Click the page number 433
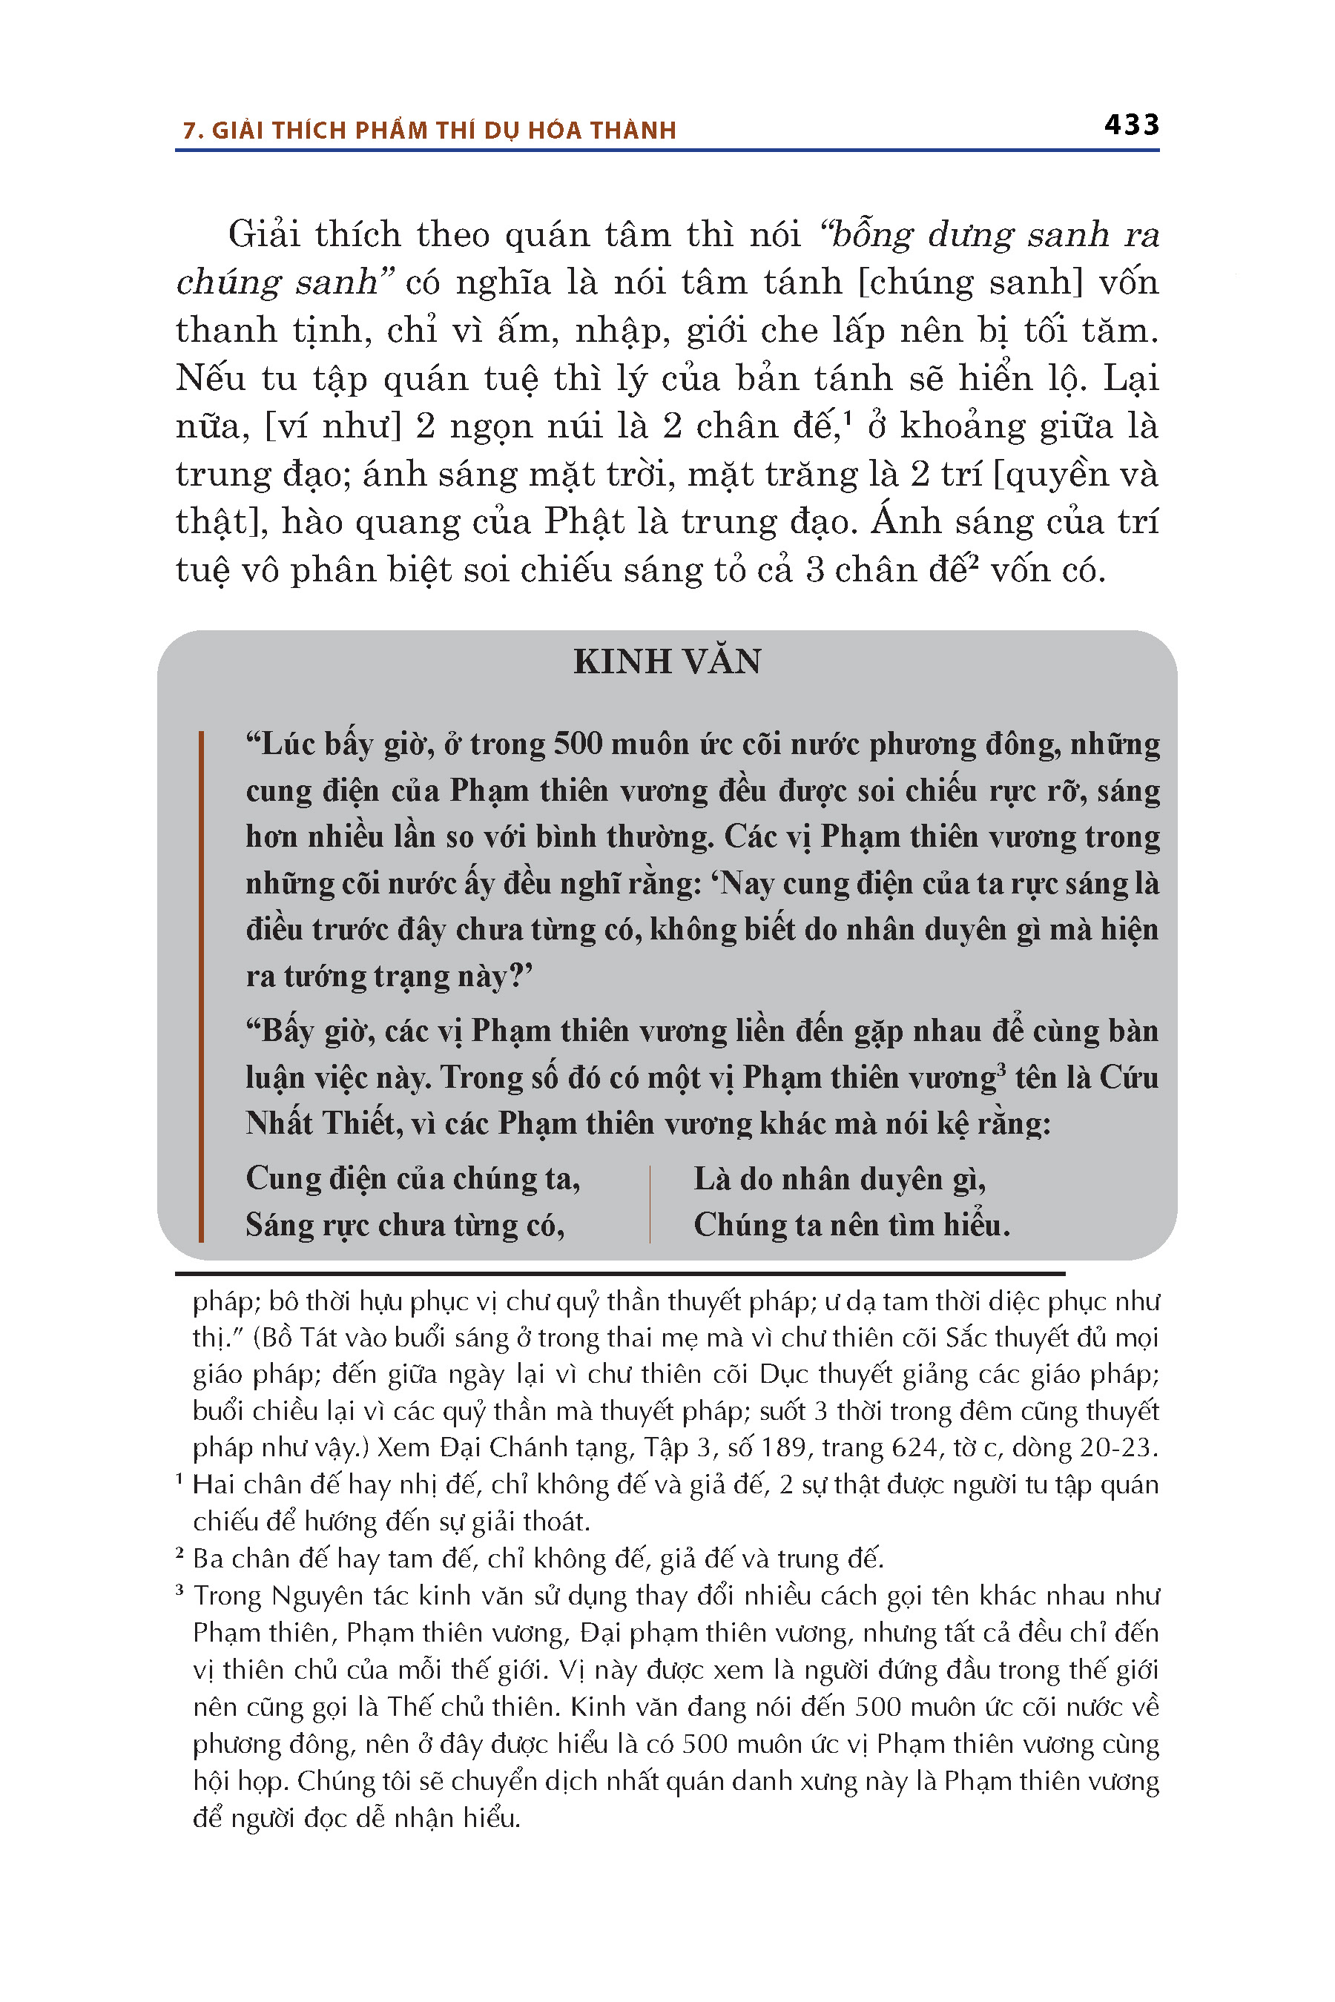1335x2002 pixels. pos(1132,125)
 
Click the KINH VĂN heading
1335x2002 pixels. pos(667,662)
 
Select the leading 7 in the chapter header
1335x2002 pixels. pos(188,131)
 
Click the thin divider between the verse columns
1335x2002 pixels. pos(650,1203)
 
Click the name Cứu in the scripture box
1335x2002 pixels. pos(1129,1077)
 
